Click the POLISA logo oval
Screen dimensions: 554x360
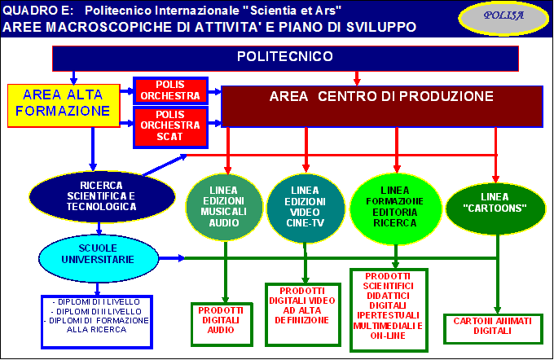click(503, 18)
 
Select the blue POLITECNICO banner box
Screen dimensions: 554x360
click(285, 59)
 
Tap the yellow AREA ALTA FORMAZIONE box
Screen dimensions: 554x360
click(64, 106)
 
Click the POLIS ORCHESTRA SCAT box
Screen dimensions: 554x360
click(170, 127)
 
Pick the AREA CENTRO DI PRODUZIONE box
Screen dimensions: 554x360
click(382, 107)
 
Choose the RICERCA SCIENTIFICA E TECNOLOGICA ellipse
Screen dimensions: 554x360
click(102, 196)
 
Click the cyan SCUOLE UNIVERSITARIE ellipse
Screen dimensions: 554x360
click(99, 258)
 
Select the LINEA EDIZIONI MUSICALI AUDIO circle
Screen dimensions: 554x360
click(224, 207)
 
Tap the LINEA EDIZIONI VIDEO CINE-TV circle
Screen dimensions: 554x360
click(306, 208)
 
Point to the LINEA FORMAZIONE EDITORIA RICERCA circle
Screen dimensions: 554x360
click(395, 209)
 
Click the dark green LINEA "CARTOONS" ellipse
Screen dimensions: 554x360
click(495, 209)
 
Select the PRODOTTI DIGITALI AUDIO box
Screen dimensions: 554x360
click(222, 324)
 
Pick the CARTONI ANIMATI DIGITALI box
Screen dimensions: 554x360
click(493, 328)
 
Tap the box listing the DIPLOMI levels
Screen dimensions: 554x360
click(97, 322)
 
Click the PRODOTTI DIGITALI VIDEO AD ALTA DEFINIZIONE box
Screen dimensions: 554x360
click(303, 314)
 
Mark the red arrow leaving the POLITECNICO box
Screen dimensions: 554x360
click(357, 78)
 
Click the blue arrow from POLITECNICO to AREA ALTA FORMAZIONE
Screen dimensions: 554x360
click(73, 77)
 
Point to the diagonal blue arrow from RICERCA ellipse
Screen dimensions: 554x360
click(165, 165)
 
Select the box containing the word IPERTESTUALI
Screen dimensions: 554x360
click(389, 310)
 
